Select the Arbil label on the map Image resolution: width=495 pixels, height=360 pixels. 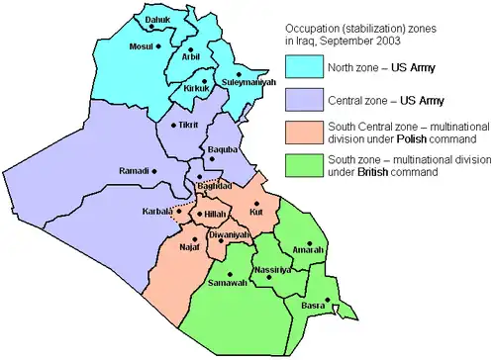coord(190,56)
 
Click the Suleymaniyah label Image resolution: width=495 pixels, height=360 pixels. coord(244,82)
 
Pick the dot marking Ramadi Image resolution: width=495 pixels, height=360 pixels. coord(155,171)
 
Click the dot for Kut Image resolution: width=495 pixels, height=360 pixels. coord(256,203)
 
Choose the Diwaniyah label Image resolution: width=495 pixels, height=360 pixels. coord(229,234)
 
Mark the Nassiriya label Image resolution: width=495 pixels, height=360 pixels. coord(271,269)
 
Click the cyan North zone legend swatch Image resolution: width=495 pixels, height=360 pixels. coord(310,67)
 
